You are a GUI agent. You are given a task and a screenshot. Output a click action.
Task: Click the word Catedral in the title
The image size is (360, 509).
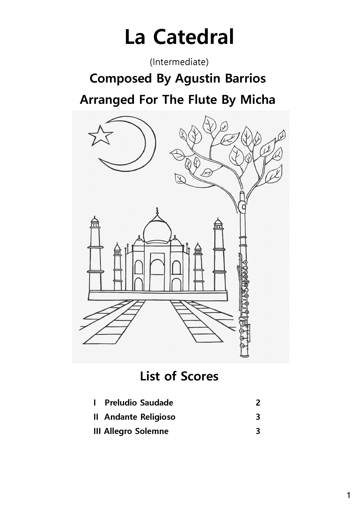(193, 37)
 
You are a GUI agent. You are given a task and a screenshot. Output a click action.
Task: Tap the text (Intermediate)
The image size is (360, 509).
(179, 62)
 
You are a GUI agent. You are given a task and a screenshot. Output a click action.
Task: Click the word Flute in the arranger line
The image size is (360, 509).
(198, 100)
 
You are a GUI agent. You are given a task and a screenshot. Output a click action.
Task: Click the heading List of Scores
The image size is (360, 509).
(179, 376)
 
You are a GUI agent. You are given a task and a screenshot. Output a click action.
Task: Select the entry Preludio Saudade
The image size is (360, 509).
(139, 403)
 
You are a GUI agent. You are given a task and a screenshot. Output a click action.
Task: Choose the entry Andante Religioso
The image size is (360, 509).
(140, 417)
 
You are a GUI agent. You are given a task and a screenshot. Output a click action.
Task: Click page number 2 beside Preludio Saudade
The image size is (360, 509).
(258, 403)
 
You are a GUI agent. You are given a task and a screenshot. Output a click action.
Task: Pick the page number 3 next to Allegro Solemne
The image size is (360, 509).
(258, 431)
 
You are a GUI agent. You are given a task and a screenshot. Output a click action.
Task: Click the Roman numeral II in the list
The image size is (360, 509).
(96, 417)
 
